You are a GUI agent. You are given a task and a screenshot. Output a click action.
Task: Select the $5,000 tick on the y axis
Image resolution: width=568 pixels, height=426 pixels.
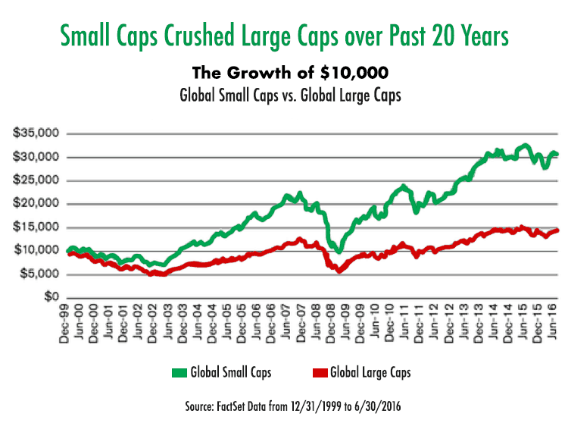(x=40, y=274)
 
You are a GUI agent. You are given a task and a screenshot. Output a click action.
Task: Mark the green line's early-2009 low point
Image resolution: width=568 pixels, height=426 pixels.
(x=340, y=251)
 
